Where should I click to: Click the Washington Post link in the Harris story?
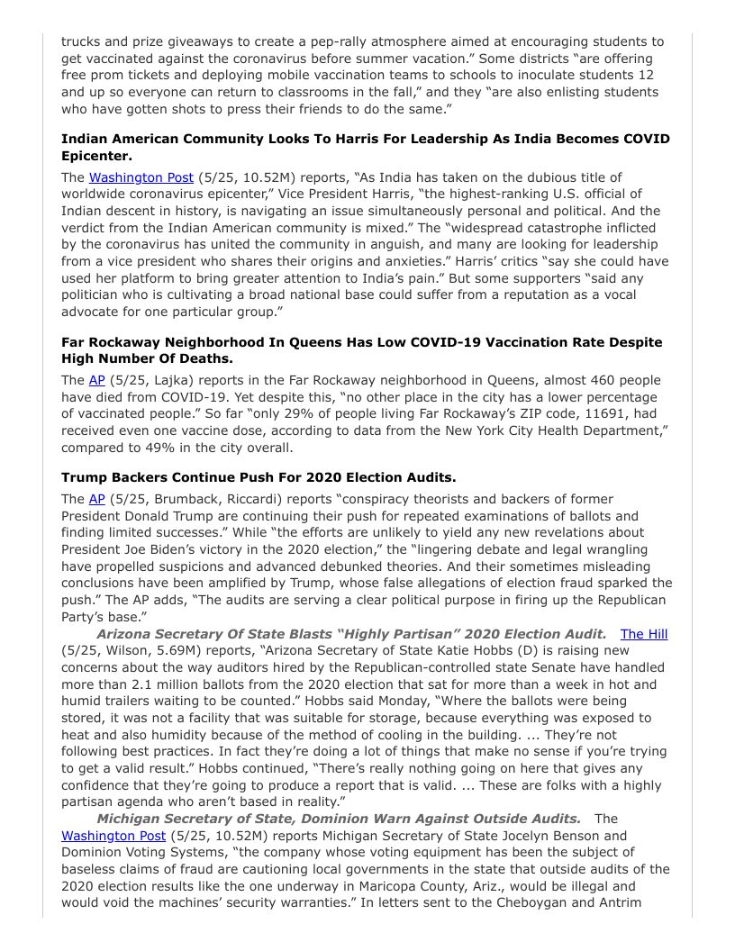(141, 177)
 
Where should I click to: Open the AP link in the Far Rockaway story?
(96, 380)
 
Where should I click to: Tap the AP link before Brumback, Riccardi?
(96, 499)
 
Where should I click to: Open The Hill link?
(644, 634)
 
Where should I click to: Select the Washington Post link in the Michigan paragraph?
(113, 836)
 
